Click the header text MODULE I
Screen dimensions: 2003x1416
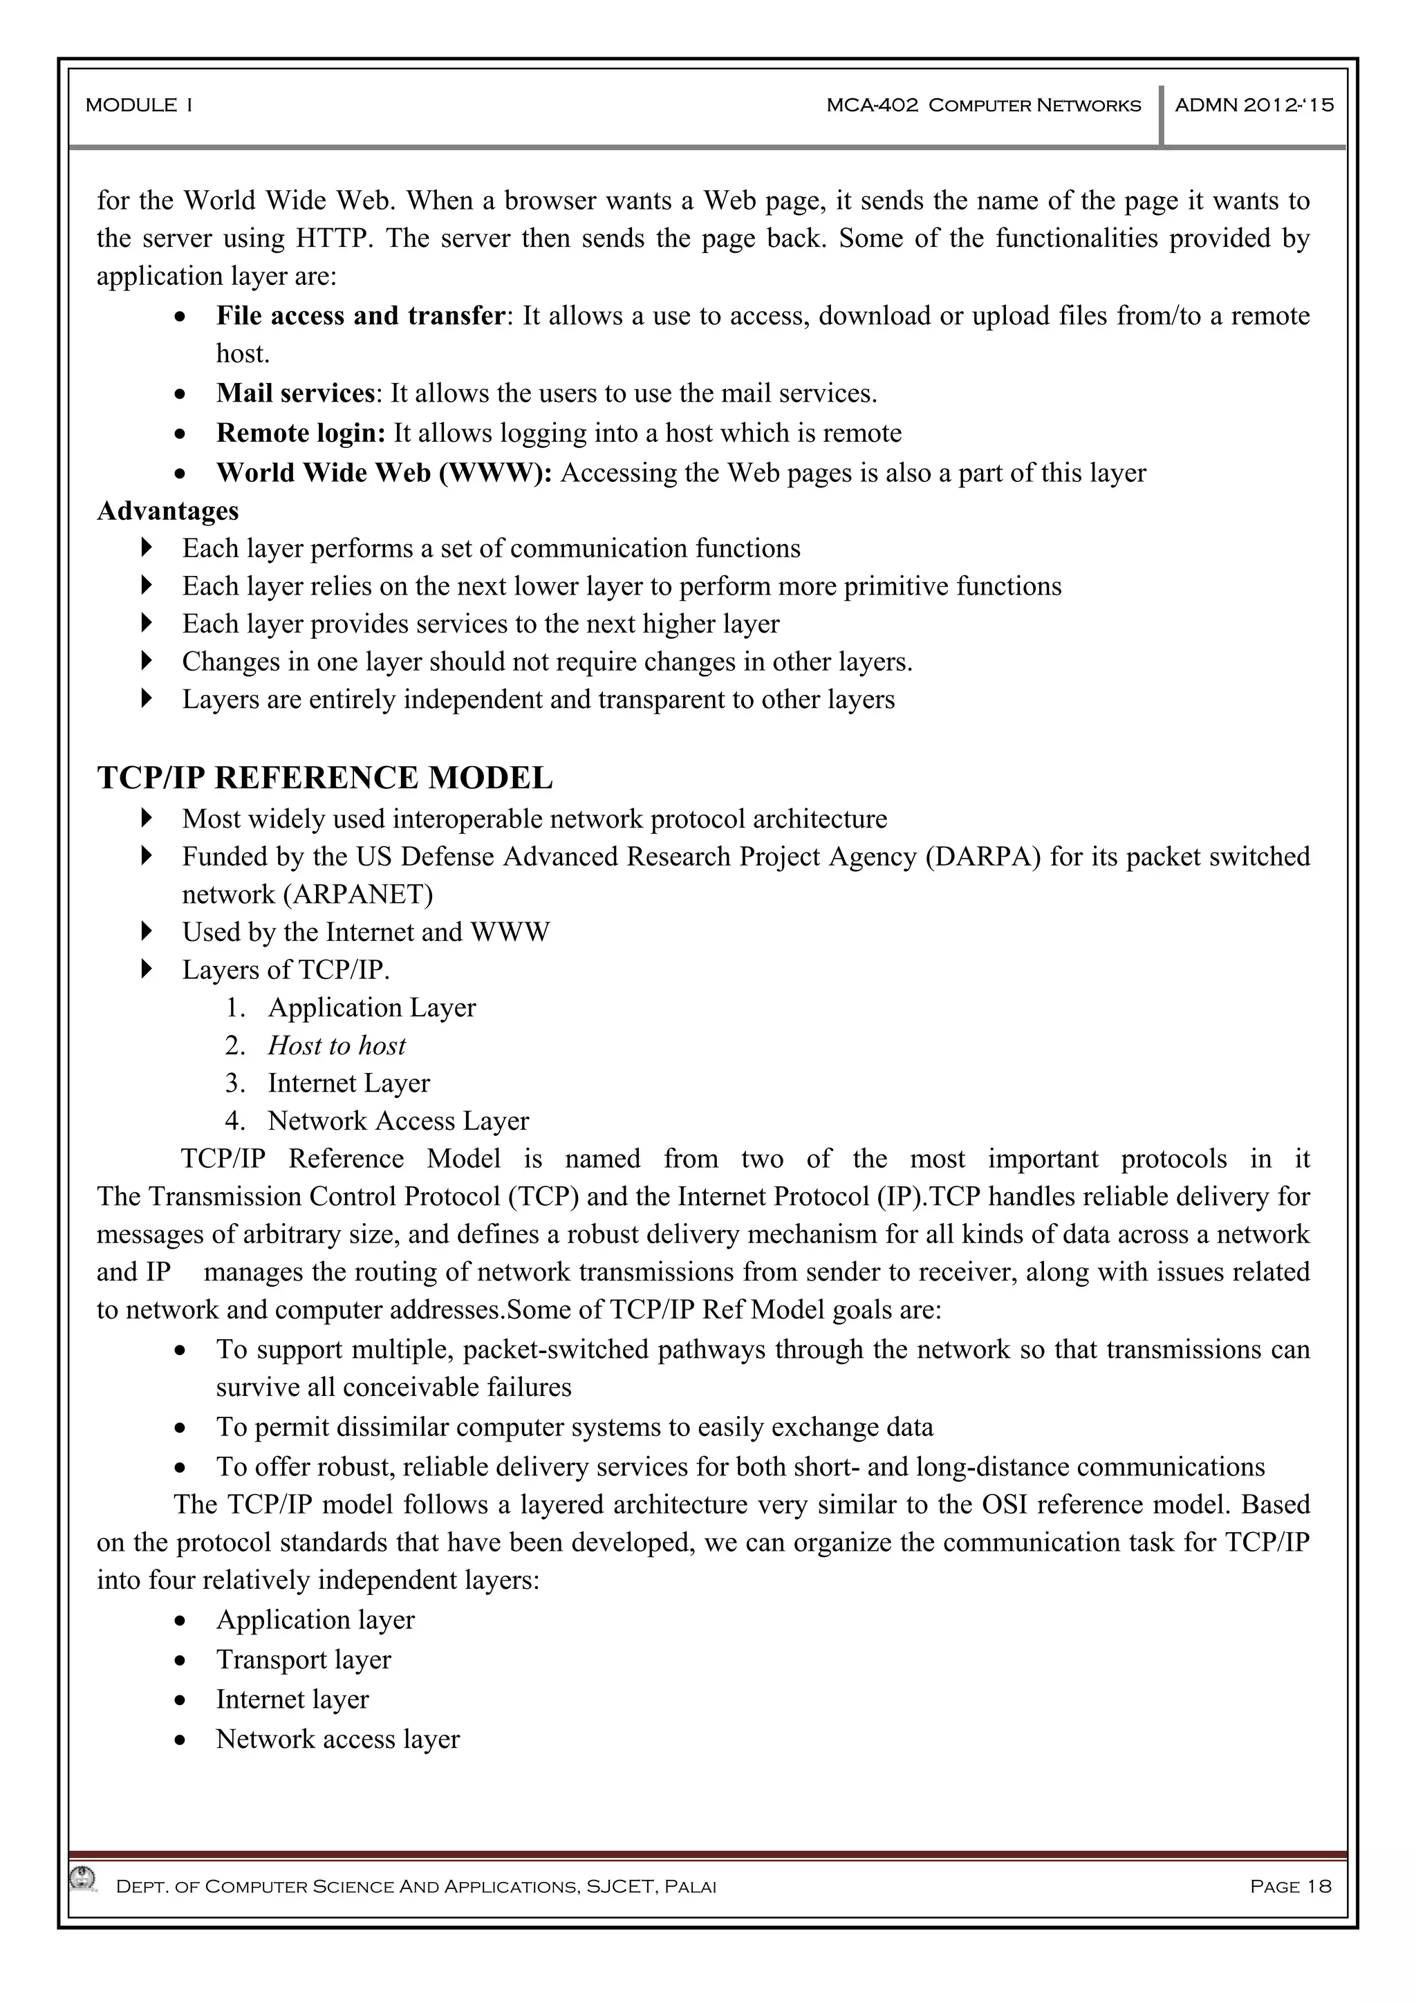tap(139, 106)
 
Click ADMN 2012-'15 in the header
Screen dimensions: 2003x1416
tap(1254, 106)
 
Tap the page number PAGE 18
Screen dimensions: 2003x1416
tap(1290, 1886)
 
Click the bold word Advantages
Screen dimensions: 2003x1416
tap(167, 510)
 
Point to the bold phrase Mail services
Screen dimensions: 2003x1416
tap(295, 393)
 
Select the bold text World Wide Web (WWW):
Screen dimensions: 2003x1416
tap(384, 473)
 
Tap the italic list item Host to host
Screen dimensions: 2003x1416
tap(336, 1045)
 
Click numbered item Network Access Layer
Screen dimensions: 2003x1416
tap(398, 1120)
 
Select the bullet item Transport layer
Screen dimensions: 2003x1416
tap(303, 1659)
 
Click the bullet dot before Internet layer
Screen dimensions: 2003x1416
tap(180, 1700)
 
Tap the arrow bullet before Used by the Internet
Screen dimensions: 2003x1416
tap(146, 932)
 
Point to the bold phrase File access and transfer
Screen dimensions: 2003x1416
tap(360, 316)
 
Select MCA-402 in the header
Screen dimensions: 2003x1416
tap(872, 106)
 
